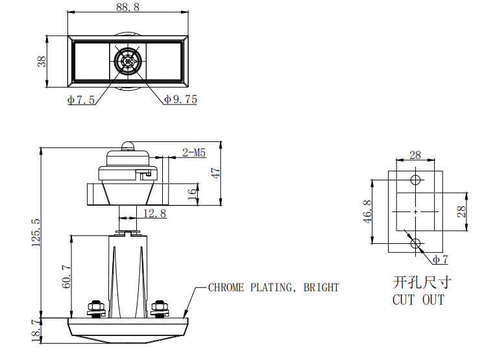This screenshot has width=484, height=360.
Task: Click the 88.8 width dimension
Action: (x=128, y=7)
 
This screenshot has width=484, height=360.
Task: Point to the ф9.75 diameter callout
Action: (x=180, y=100)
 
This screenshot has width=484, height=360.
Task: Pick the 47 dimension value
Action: (x=216, y=173)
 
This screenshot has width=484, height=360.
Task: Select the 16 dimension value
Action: (x=193, y=194)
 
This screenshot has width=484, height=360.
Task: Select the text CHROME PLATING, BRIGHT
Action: (x=273, y=287)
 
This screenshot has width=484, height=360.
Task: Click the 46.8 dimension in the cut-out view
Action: (x=367, y=211)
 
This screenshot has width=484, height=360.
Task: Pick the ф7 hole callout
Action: (x=441, y=259)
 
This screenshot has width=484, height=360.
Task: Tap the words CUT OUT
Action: (x=418, y=300)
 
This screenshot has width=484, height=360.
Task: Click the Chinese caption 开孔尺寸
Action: (x=421, y=282)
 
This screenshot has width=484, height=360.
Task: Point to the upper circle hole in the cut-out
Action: (x=415, y=179)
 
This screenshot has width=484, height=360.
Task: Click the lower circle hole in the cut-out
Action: (x=415, y=244)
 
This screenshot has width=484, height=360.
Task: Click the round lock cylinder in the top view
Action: (x=128, y=62)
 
